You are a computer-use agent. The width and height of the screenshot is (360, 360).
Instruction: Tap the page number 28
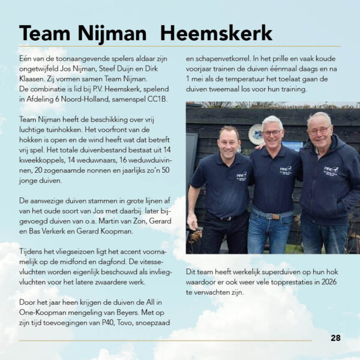(335, 338)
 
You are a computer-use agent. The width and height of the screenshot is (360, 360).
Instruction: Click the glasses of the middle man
(272, 132)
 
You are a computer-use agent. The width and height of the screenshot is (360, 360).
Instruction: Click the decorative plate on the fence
(256, 134)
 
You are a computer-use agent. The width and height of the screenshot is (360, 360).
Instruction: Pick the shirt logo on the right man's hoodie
(331, 170)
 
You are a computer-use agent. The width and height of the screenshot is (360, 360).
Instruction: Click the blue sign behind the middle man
(292, 145)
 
